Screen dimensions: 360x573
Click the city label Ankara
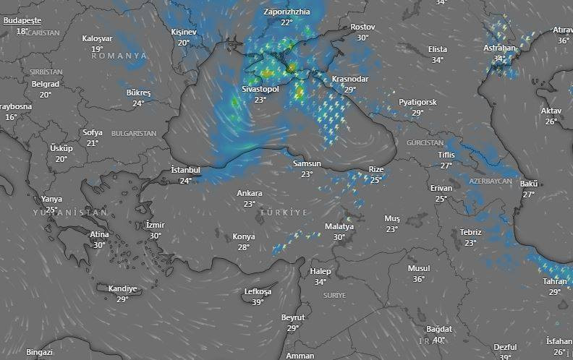(250, 194)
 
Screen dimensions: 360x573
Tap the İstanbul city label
(185, 170)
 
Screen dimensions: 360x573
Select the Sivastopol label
(260, 90)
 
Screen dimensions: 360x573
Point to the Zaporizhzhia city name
(286, 12)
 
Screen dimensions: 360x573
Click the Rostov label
(362, 27)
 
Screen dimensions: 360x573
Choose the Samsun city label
(307, 164)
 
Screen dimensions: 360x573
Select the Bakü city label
(529, 184)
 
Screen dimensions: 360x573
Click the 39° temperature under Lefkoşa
(258, 302)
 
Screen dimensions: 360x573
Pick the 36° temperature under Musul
(419, 279)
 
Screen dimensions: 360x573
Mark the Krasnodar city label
(350, 80)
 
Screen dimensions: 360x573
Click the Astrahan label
(499, 48)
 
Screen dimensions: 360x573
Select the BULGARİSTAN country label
(134, 134)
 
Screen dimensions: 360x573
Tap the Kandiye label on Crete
(122, 288)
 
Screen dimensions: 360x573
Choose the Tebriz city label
(470, 232)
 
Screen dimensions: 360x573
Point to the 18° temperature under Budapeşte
(22, 31)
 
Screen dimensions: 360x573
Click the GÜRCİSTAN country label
(425, 143)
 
